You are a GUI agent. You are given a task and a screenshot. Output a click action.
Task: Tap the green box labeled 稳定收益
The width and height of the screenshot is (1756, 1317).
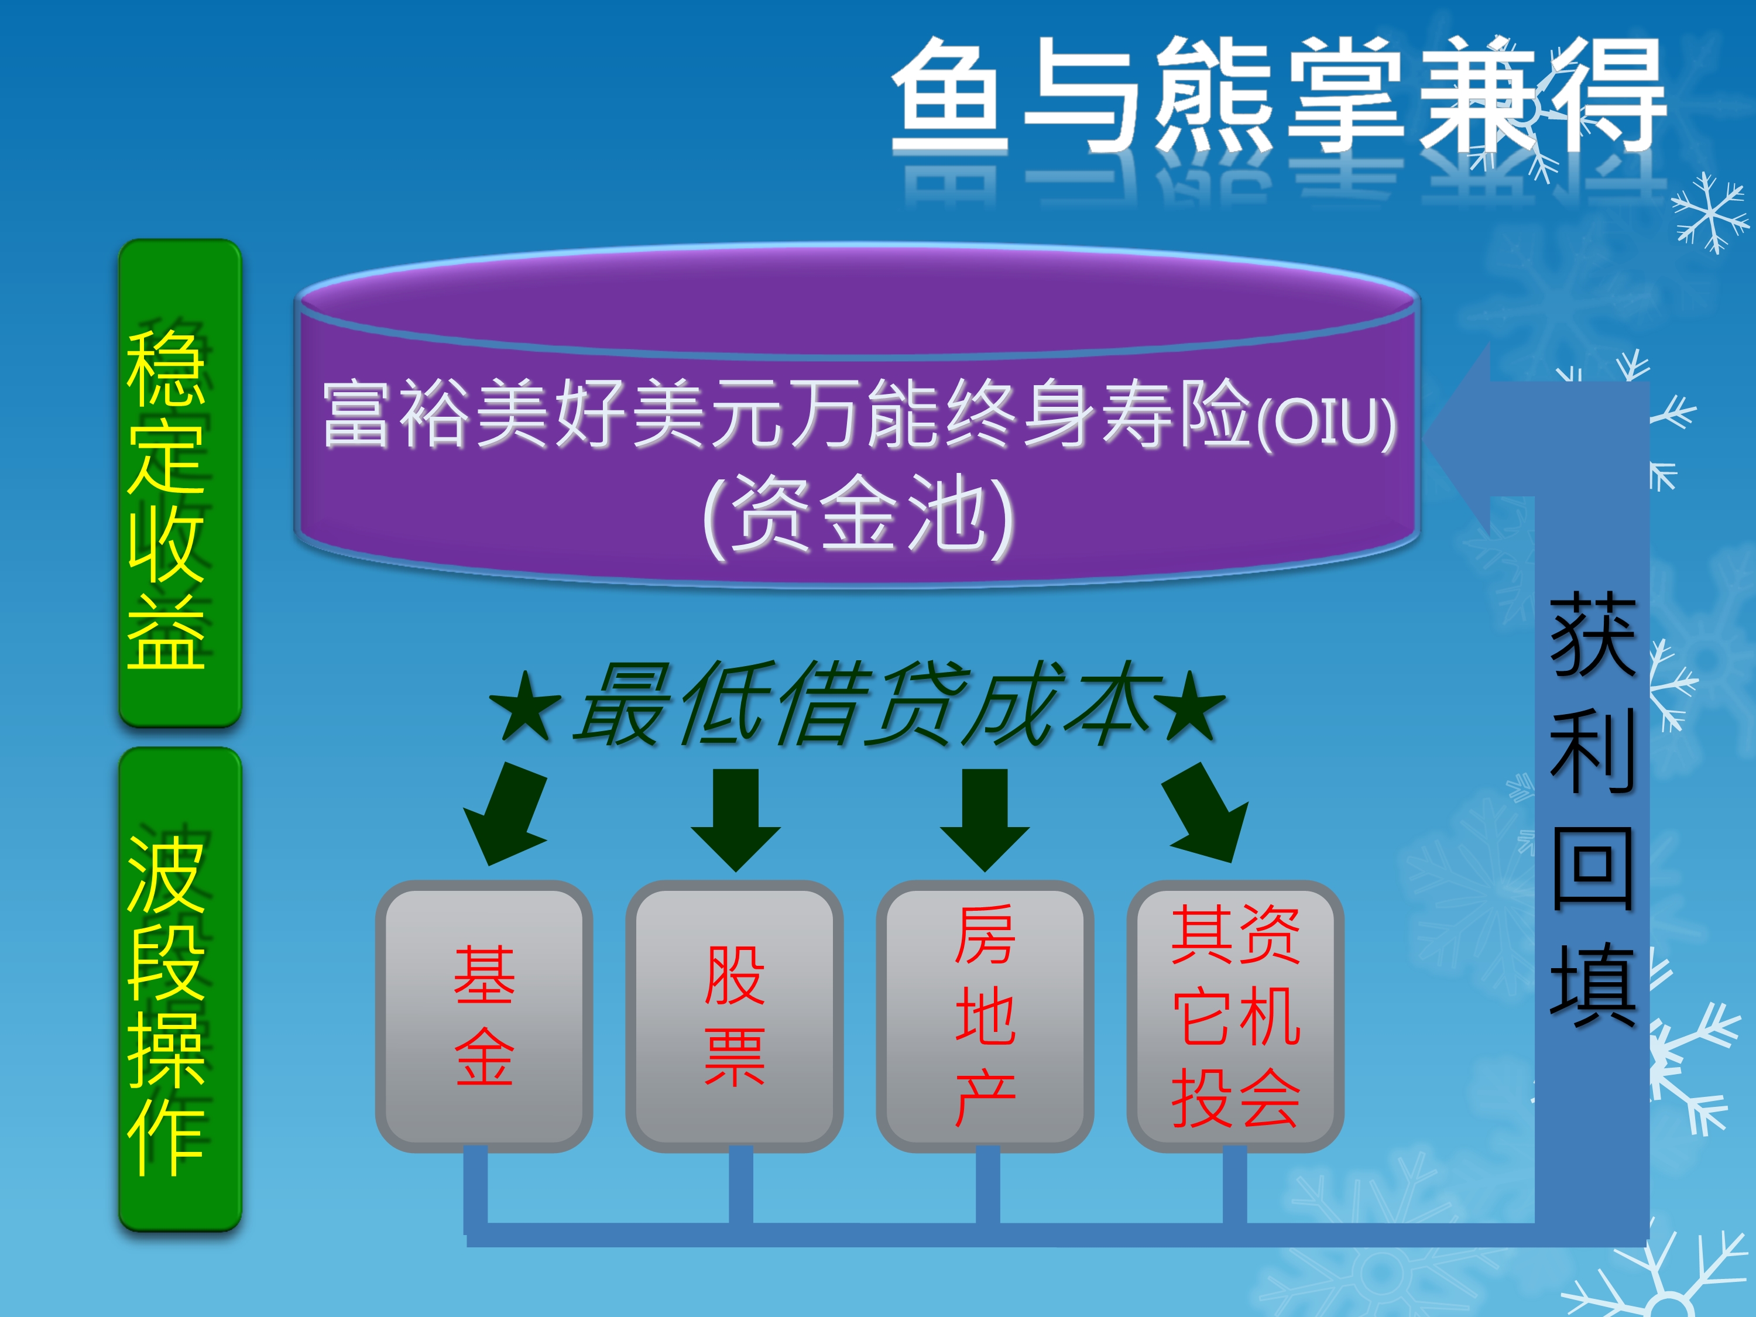180,483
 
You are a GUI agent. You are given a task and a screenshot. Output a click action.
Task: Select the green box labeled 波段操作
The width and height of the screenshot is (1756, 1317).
180,990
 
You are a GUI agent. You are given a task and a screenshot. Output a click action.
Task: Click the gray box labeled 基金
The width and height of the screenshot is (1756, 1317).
484,1016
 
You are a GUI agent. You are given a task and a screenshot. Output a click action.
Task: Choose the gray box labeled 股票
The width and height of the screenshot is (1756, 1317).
735,1016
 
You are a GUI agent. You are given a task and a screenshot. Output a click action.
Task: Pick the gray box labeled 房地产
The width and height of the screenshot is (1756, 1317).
985,1016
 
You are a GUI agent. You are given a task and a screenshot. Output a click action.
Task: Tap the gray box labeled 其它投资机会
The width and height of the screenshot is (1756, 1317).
1235,1016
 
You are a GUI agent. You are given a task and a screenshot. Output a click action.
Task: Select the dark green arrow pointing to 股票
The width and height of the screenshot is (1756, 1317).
736,820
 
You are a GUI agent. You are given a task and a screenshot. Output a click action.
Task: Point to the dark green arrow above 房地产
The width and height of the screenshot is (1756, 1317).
985,820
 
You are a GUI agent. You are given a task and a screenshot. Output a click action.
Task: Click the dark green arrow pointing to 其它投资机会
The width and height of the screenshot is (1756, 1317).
1206,814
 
